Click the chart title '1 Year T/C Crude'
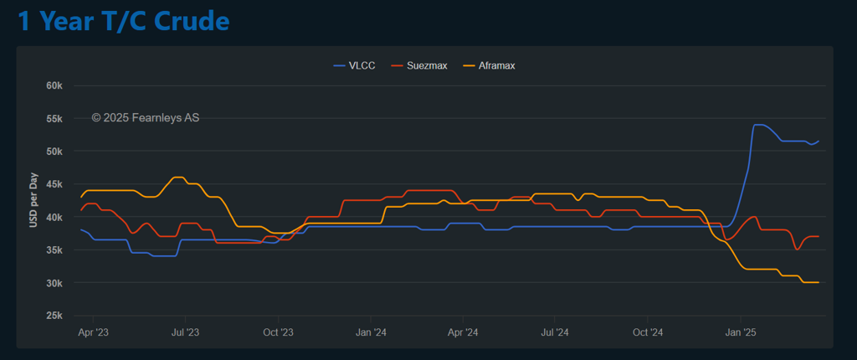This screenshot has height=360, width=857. [124, 21]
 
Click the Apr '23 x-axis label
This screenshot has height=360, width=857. [93, 332]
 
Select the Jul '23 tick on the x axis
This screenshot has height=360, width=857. [185, 332]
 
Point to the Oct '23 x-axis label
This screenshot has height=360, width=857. [278, 332]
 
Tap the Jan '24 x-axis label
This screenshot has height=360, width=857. [371, 332]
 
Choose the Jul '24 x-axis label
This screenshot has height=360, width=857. [555, 332]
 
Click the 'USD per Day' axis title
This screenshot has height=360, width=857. [34, 201]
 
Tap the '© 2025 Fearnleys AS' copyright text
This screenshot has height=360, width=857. [146, 118]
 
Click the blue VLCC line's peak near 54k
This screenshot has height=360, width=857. [759, 125]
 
